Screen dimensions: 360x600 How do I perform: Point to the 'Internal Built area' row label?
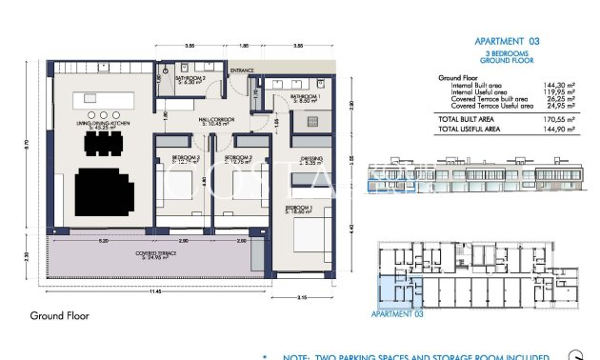pos(477,86)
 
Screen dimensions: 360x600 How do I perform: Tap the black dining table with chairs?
pos(102,144)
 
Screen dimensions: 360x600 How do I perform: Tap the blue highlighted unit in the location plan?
pos(393,285)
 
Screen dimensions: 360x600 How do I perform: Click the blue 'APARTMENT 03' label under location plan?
pos(395,313)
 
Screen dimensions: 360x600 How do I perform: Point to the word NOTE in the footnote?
pos(298,356)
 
